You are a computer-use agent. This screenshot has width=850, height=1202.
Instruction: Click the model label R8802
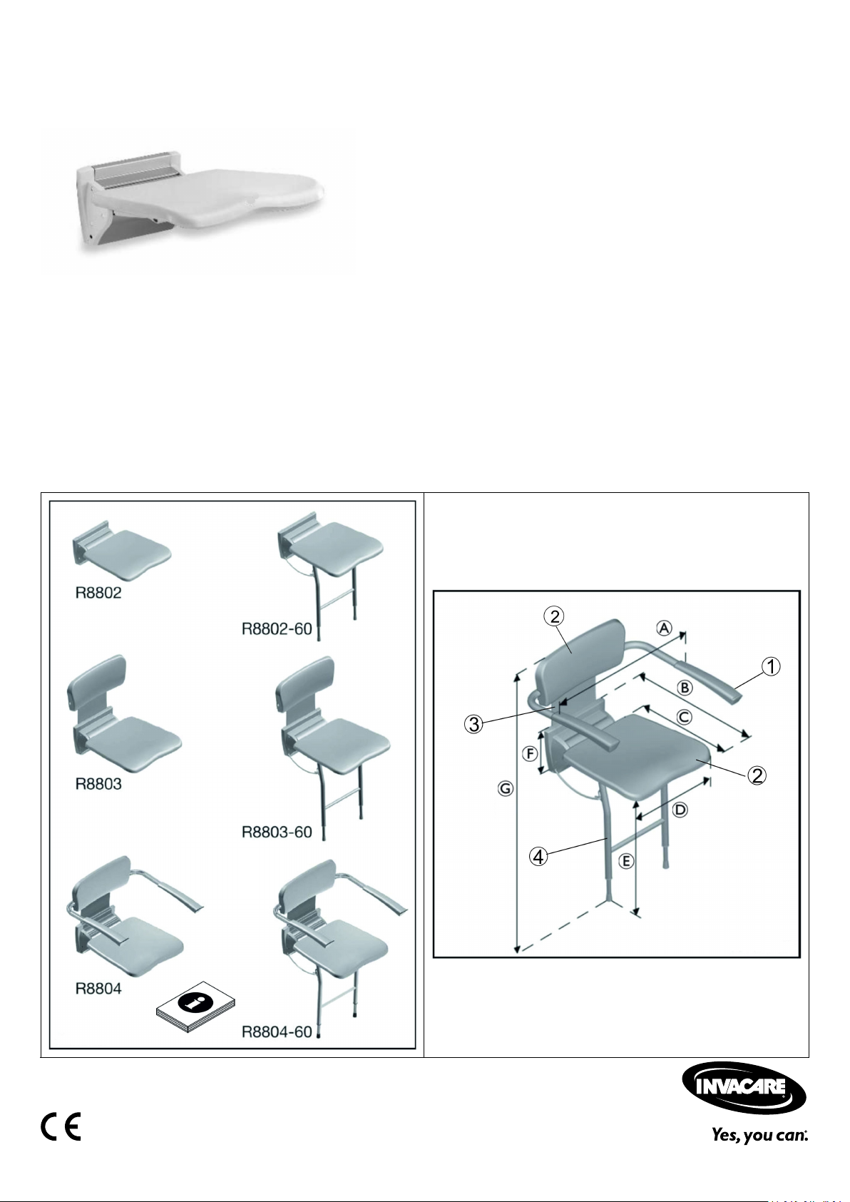click(98, 592)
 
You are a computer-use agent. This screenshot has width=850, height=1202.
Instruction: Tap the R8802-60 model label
click(277, 628)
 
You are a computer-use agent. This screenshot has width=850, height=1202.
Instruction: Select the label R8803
click(98, 784)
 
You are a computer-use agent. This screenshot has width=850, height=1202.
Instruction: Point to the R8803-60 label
click(277, 832)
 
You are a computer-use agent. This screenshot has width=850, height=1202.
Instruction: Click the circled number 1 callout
click(771, 666)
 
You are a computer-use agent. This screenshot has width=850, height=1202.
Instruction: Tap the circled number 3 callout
click(474, 724)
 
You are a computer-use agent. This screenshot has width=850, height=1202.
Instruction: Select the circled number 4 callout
click(538, 857)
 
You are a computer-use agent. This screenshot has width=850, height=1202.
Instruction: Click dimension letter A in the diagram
click(665, 627)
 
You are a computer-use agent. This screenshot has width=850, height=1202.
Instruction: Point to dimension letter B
click(685, 687)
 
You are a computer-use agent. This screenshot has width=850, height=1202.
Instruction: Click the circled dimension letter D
click(680, 810)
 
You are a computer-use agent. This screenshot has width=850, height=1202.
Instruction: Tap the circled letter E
click(626, 861)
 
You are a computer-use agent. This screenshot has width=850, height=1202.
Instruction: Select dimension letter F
click(530, 754)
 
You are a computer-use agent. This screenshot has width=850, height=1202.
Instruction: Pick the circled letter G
click(506, 789)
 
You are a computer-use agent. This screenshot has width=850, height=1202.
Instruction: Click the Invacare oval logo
click(744, 1087)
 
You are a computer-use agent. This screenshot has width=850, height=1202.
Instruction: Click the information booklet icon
click(195, 1007)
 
